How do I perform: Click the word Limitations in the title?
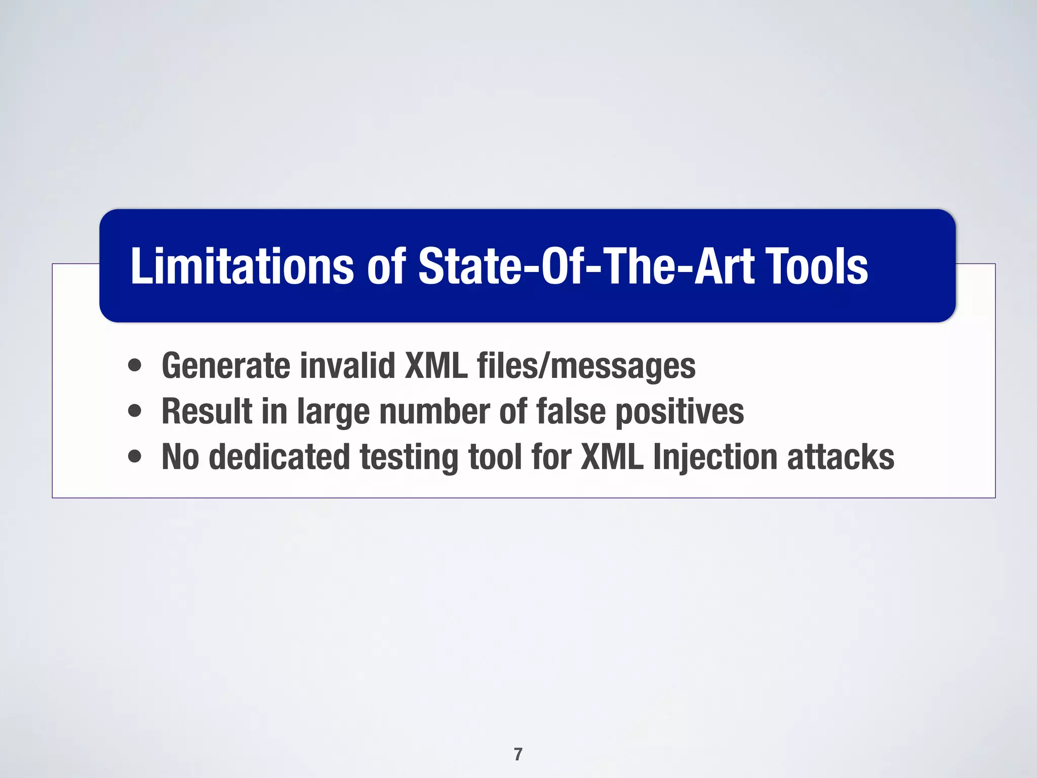242,267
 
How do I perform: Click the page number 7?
518,754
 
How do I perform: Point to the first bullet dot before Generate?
135,365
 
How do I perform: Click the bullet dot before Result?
135,411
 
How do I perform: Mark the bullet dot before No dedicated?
135,456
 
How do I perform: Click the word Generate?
225,366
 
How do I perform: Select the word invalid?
347,366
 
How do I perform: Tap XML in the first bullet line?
436,366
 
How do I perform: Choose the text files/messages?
586,366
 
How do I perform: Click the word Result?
207,411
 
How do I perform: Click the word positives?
680,411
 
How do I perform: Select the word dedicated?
279,457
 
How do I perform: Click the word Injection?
714,457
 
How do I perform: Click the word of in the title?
386,267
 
